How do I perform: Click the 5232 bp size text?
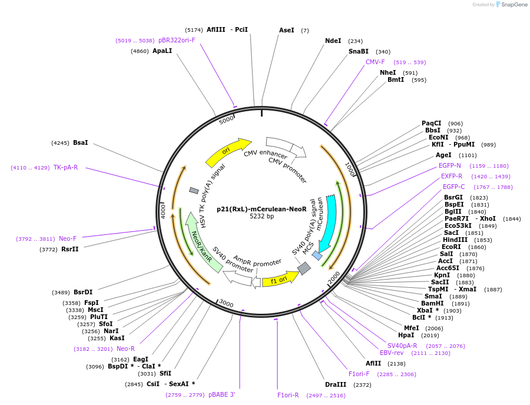[261, 216]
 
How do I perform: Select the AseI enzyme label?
[287, 30]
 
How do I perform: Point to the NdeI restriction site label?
[333, 41]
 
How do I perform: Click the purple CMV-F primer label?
[375, 62]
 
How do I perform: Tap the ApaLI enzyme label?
[162, 51]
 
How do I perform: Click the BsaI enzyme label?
[81, 142]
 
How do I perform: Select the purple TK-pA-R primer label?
[65, 168]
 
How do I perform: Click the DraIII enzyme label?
[335, 384]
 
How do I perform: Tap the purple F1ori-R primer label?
[288, 395]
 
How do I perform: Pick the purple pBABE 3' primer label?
[221, 394]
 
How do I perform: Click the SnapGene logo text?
[512, 5]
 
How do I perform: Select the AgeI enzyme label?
[443, 155]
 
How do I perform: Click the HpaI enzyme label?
[406, 335]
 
